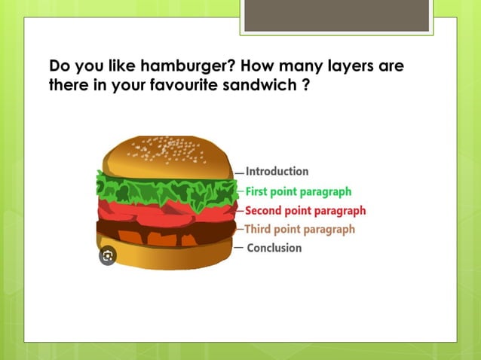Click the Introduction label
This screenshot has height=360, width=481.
pos(277,172)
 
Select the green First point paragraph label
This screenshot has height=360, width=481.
pos(299,191)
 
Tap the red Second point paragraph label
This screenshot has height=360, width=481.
pos(305,210)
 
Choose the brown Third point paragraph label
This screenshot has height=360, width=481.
pos(299,229)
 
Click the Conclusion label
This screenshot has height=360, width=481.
pos(274,248)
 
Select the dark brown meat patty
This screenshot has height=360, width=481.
pos(166,228)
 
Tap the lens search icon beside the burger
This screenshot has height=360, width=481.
pos(108,256)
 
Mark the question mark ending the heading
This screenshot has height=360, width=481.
pos(305,85)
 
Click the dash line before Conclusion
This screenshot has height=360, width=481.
pos(238,247)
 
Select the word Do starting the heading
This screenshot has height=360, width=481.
pos(59,66)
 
